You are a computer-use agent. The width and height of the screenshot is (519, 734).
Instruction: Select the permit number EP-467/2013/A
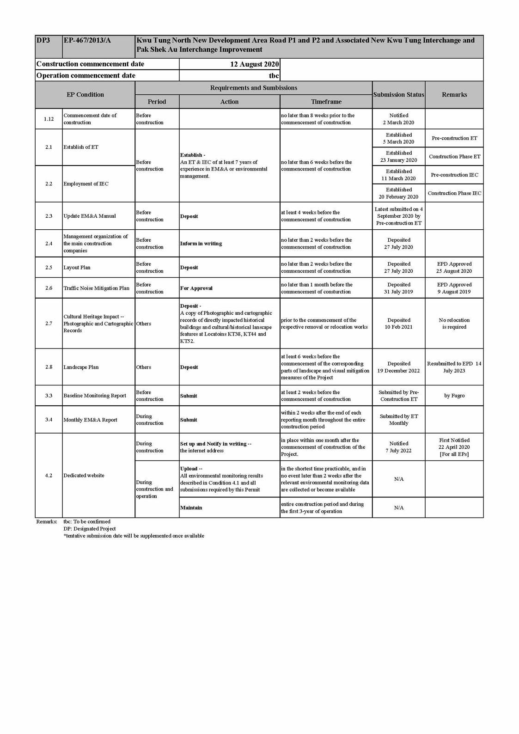(87, 41)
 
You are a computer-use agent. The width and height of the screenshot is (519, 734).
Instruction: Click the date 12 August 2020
(254, 64)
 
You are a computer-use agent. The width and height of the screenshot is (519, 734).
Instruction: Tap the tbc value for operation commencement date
(274, 76)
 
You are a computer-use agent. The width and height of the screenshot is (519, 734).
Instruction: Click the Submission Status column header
(398, 95)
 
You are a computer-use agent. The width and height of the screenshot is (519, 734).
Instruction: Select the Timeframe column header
(326, 102)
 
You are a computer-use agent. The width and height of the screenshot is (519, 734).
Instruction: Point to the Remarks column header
(454, 95)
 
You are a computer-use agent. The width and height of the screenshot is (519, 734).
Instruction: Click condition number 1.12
(49, 119)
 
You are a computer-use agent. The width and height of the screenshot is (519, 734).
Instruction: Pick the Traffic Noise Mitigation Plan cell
(96, 288)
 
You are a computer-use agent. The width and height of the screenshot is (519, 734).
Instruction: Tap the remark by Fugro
(454, 396)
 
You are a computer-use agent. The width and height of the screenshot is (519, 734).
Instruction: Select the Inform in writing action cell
(201, 244)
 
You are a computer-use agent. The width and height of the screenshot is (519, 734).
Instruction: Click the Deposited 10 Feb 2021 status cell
(398, 324)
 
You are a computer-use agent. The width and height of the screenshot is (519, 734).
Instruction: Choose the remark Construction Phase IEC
(454, 193)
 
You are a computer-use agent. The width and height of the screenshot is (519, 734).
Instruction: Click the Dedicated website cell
(84, 475)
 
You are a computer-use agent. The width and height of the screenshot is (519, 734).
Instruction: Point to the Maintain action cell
(191, 508)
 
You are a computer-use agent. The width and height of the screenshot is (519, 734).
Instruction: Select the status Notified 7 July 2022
(398, 447)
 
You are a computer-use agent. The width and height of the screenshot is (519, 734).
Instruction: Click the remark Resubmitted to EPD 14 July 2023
(454, 367)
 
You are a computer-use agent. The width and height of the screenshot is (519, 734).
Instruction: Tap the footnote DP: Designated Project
(90, 529)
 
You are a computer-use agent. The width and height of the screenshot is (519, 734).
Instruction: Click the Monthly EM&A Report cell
(90, 420)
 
